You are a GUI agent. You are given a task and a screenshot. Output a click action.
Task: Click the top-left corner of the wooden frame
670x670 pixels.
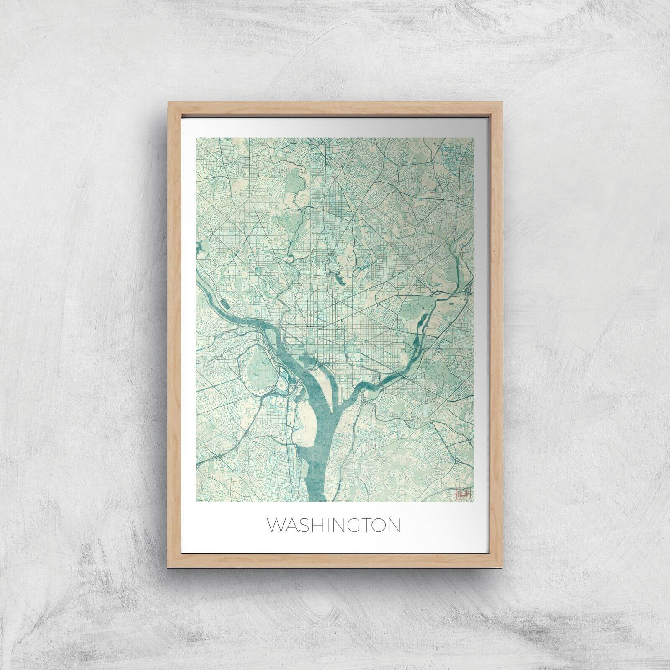[168, 102]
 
